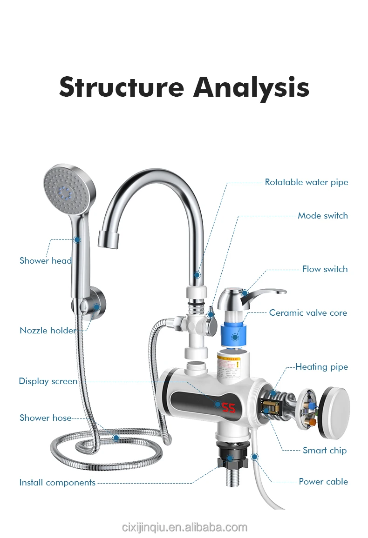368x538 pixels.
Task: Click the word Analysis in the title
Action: [x=251, y=87]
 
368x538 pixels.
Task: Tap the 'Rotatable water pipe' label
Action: [x=306, y=182]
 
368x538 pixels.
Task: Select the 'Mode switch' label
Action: [x=322, y=216]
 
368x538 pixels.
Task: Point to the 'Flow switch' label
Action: [x=325, y=269]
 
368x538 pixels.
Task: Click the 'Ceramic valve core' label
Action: [x=308, y=313]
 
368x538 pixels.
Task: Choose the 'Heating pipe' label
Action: [x=321, y=367]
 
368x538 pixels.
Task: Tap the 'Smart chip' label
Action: [x=324, y=450]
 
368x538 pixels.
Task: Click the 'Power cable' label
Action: [x=323, y=481]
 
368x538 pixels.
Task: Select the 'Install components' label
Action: [x=57, y=483]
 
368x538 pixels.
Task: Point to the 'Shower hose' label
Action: [x=46, y=418]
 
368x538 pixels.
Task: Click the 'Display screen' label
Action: [x=48, y=381]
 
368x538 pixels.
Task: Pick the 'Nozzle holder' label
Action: [x=48, y=331]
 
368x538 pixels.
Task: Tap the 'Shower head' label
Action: [x=46, y=261]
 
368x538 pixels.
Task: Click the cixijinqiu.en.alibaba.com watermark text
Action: [x=184, y=527]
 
